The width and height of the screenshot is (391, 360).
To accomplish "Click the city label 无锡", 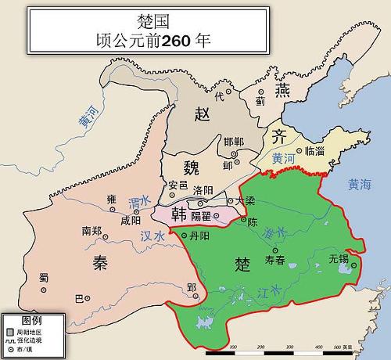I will (339, 257).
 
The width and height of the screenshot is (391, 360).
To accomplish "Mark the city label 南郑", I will (91, 232).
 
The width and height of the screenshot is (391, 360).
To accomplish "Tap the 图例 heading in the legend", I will (30, 320).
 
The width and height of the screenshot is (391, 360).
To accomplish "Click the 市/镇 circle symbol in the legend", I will (10, 347).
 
